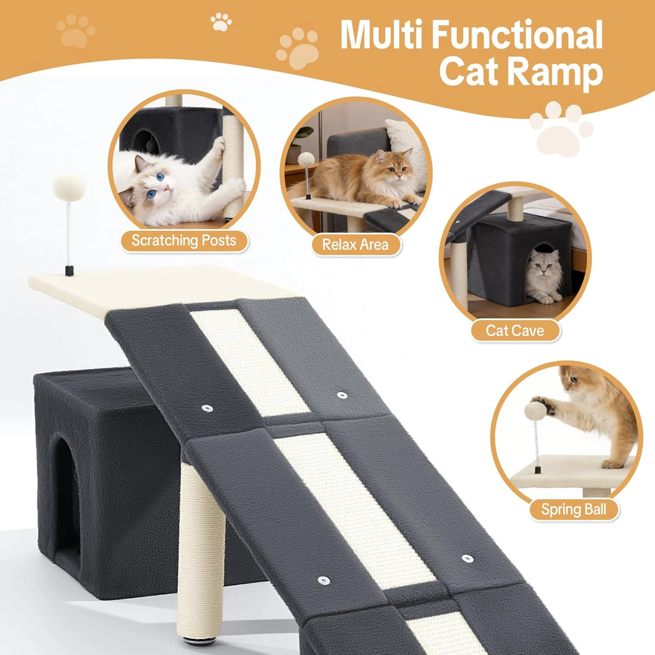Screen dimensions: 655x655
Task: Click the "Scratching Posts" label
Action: click(x=184, y=241)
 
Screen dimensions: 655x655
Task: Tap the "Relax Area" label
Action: click(x=355, y=245)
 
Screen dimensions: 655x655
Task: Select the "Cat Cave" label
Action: click(x=515, y=331)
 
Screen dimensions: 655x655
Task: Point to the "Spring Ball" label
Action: click(x=574, y=510)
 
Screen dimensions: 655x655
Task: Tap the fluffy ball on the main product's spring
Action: click(x=69, y=188)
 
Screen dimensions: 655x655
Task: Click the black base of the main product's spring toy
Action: click(x=69, y=271)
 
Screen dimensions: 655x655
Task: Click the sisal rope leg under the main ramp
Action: click(x=202, y=550)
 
